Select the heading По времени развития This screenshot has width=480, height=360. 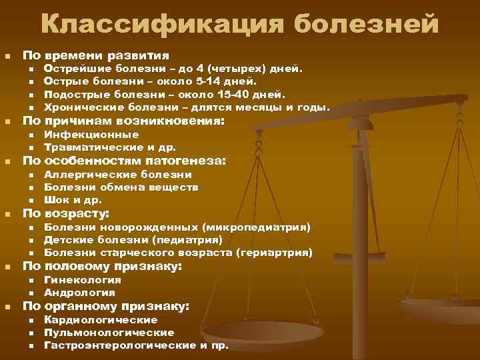[x=96, y=55]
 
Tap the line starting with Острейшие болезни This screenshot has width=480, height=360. [x=173, y=69]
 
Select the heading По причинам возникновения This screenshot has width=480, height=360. [x=124, y=121]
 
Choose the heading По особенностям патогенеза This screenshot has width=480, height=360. [x=125, y=161]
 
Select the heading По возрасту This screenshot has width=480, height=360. [x=66, y=213]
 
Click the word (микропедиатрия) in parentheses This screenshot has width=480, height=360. [x=257, y=228]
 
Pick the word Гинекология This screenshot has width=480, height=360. [x=83, y=280]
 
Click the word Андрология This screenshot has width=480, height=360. [x=79, y=293]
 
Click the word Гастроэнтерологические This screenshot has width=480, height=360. [x=119, y=345]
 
